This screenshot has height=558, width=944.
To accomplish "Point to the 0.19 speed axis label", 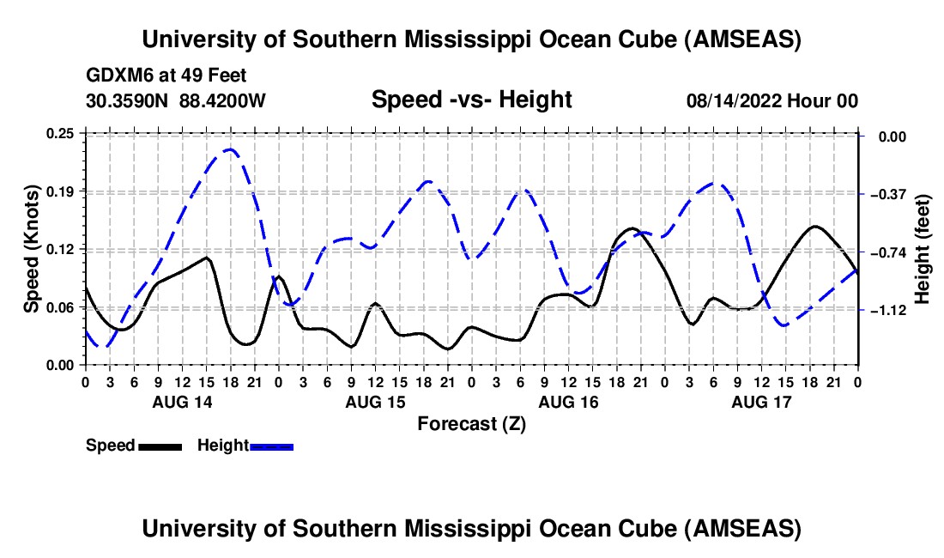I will (x=63, y=191).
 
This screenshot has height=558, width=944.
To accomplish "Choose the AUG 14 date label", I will (x=182, y=401).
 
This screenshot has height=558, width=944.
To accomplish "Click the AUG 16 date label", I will (x=568, y=401).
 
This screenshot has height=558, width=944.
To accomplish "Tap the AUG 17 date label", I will (x=761, y=401).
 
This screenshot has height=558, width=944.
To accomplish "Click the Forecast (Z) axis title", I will (x=471, y=423).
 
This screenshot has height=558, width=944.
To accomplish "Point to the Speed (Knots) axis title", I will (x=31, y=249).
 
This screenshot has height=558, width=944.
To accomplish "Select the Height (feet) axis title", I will (x=923, y=249).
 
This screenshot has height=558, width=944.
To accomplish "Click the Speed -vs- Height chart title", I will (x=471, y=100).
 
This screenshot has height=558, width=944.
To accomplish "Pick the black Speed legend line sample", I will (x=159, y=446).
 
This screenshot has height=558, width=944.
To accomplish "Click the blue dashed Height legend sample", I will (x=272, y=446).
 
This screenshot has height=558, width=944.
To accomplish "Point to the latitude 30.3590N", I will (x=129, y=100).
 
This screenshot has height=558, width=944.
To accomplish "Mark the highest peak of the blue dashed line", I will (x=229, y=149).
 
